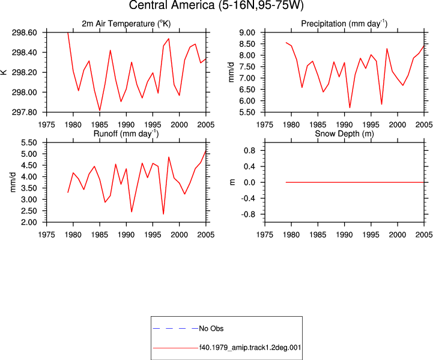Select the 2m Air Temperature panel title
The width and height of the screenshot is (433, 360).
(x=126, y=23)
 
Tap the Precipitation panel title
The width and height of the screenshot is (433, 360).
(x=344, y=23)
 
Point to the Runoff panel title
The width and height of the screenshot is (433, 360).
(x=126, y=133)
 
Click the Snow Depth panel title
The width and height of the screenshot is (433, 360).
(x=344, y=133)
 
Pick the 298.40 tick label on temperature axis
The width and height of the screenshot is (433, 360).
(x=24, y=52)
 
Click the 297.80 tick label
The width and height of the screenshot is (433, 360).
(x=24, y=112)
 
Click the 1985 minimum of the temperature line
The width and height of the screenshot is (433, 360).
(x=100, y=110)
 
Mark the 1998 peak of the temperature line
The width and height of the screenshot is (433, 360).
(x=169, y=38)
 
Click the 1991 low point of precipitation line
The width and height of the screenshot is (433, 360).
(x=350, y=108)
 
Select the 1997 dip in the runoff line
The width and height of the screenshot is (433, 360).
(x=163, y=214)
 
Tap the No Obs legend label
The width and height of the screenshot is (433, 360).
(x=211, y=329)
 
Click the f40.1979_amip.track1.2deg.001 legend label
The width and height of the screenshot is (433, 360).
(x=250, y=347)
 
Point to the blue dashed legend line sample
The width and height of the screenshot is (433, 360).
(x=175, y=329)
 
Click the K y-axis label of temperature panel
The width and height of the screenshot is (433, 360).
(x=4, y=72)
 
